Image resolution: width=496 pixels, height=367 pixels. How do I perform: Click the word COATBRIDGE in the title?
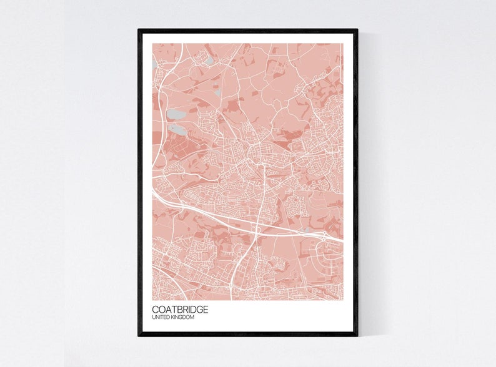point(180,310)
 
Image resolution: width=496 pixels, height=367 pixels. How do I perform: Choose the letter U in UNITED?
point(154,318)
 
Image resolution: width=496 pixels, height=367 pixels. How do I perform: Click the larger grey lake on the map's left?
point(177,115)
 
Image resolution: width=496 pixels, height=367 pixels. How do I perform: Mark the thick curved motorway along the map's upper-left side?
point(161,94)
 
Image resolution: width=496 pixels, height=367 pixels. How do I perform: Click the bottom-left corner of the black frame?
point(139,335)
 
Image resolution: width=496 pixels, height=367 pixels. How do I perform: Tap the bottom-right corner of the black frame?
point(357,335)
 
